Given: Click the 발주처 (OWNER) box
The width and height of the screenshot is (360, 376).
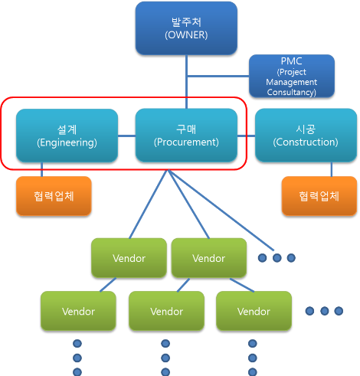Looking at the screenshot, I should [186, 28].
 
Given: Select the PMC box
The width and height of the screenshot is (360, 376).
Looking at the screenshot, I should [291, 76].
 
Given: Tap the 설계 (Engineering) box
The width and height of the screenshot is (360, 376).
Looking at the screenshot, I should [67, 135].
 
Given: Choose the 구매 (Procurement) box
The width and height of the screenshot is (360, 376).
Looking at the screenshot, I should [186, 135].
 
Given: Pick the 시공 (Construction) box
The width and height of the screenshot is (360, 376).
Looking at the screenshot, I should [306, 135].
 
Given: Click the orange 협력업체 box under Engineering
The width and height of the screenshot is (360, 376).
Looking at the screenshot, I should [54, 196].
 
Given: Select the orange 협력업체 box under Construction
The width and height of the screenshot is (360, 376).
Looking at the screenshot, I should [319, 196].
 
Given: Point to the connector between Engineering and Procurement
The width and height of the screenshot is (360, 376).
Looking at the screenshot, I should [126, 136].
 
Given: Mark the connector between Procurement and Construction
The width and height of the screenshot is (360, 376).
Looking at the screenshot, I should [246, 136].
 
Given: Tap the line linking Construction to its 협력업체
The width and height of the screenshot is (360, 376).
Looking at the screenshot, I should [331, 168].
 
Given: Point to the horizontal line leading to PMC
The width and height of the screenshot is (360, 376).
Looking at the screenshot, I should [218, 76].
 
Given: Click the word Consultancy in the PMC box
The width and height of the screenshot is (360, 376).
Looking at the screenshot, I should [291, 93].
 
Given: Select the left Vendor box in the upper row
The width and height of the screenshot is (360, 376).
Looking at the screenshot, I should [129, 257].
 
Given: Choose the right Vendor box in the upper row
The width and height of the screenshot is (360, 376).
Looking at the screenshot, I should [208, 257].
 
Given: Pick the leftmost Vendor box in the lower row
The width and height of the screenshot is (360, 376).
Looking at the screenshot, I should [78, 311].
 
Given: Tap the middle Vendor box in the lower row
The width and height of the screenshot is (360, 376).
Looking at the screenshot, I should [166, 311].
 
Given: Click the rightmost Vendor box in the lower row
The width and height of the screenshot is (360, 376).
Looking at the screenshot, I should [254, 311].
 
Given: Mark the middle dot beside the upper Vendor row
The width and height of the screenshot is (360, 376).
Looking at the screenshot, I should [277, 258].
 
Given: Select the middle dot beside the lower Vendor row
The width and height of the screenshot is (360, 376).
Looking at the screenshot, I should [324, 311].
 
